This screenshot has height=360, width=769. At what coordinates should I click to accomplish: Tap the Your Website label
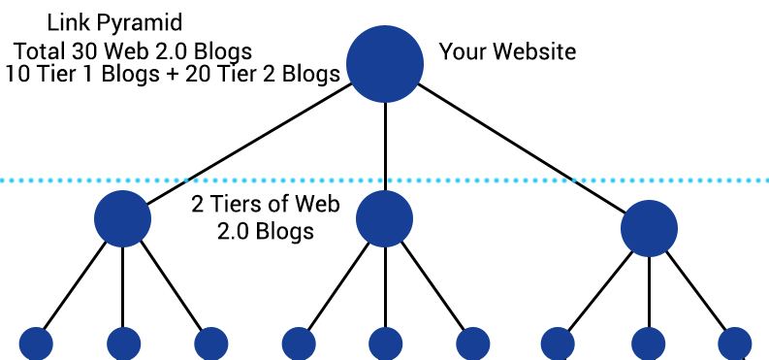click(507, 50)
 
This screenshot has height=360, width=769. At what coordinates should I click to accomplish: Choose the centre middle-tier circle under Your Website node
click(385, 217)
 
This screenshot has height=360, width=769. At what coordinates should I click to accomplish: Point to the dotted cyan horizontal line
click(543, 180)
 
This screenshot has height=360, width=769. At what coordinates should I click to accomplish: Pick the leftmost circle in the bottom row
click(36, 344)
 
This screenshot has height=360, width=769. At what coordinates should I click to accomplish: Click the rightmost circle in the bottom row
click(735, 344)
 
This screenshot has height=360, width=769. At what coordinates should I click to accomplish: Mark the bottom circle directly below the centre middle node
click(385, 344)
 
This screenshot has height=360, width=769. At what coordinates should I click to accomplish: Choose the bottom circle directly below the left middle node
click(123, 344)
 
